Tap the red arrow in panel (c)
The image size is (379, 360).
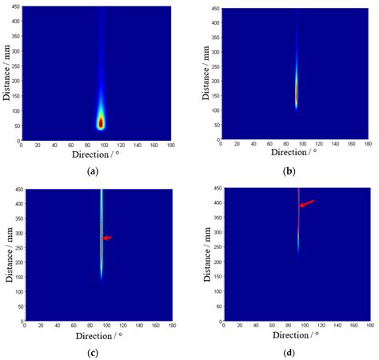[x=107, y=238]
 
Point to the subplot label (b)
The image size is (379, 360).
[x=289, y=171]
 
